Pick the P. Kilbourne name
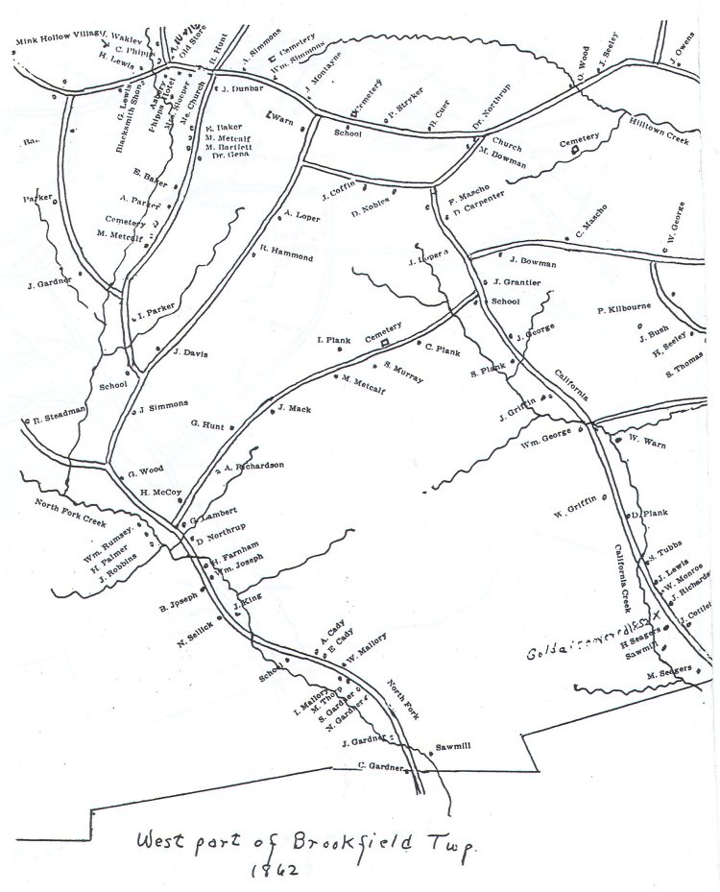[624, 309]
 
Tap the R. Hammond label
[286, 255]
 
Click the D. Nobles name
[370, 210]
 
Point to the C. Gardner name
[376, 764]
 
